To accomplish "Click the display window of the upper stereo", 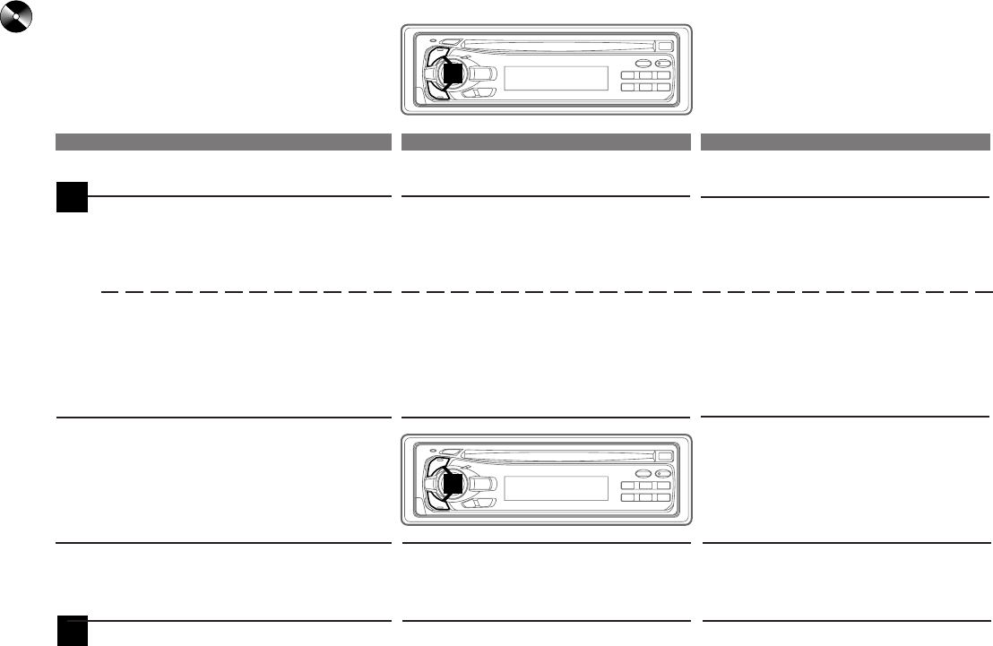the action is click(x=557, y=78).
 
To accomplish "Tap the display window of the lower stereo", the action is click(x=557, y=488).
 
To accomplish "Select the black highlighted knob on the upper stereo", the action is click(x=453, y=73).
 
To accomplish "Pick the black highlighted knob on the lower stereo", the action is click(x=453, y=483).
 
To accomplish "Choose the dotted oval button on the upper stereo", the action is click(x=663, y=63).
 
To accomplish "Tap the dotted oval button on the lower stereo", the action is click(x=663, y=473).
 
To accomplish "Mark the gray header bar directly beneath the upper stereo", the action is click(x=546, y=142).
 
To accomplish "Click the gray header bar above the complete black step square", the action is click(x=223, y=142).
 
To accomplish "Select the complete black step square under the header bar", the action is click(x=73, y=197).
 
